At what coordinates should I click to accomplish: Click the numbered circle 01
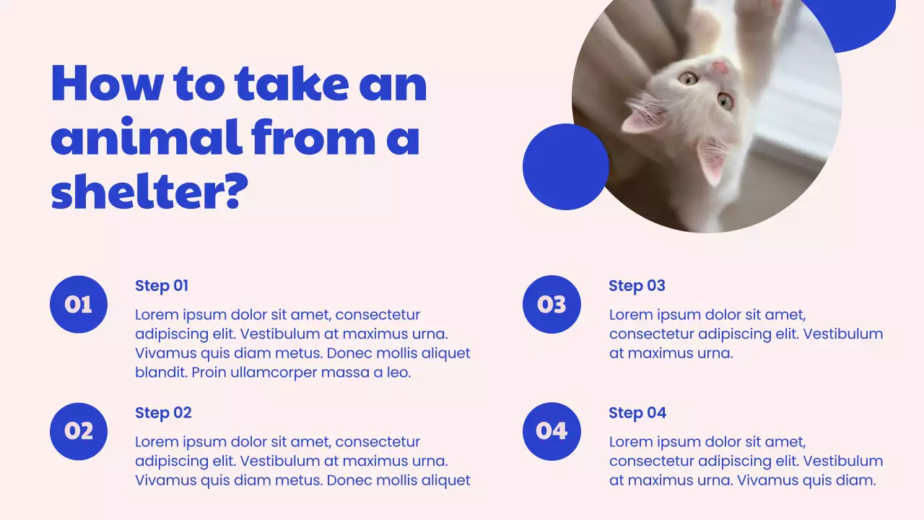click(79, 304)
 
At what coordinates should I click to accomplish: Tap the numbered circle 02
click(79, 431)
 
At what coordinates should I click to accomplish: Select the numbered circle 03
click(552, 304)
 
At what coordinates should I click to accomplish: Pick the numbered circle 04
click(552, 431)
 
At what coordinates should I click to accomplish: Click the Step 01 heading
click(162, 285)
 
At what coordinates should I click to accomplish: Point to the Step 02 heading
click(163, 412)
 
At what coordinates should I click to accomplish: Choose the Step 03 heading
click(637, 285)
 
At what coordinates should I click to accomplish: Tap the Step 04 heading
click(637, 412)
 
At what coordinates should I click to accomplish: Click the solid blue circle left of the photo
click(565, 167)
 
